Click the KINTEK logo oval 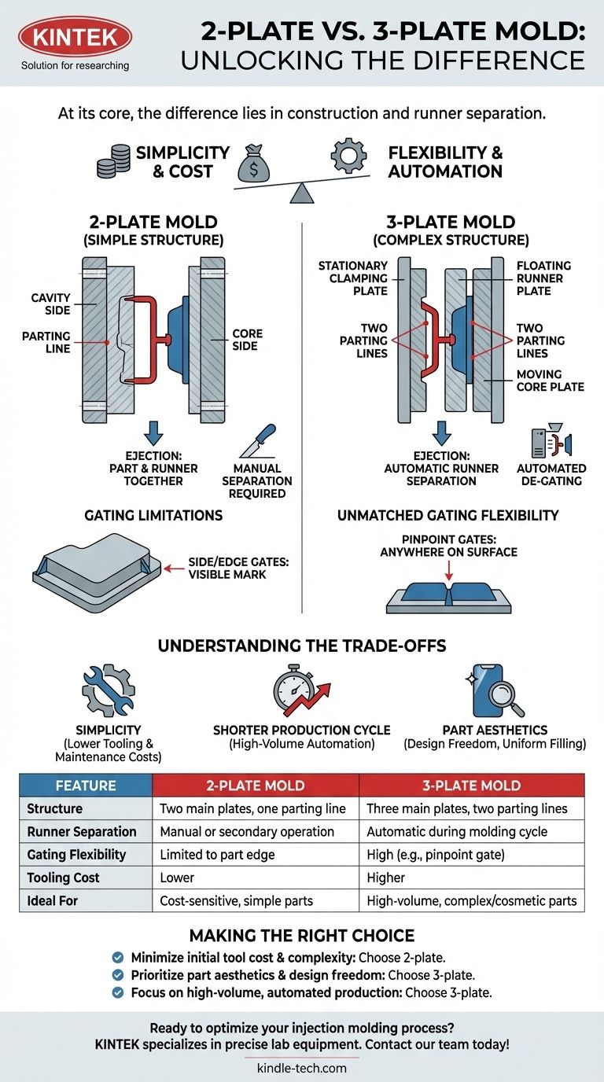pos(75,37)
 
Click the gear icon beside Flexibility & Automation pos(349,156)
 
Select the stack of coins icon pos(112,162)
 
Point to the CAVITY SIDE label pos(52,304)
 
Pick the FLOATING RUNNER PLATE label pos(544,278)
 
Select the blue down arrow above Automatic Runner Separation pos(442,432)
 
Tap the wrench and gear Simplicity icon pos(108,690)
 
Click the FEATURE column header pos(86,785)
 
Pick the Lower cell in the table pos(177,877)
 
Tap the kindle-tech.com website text pos(301,1068)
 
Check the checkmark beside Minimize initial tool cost pos(118,957)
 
